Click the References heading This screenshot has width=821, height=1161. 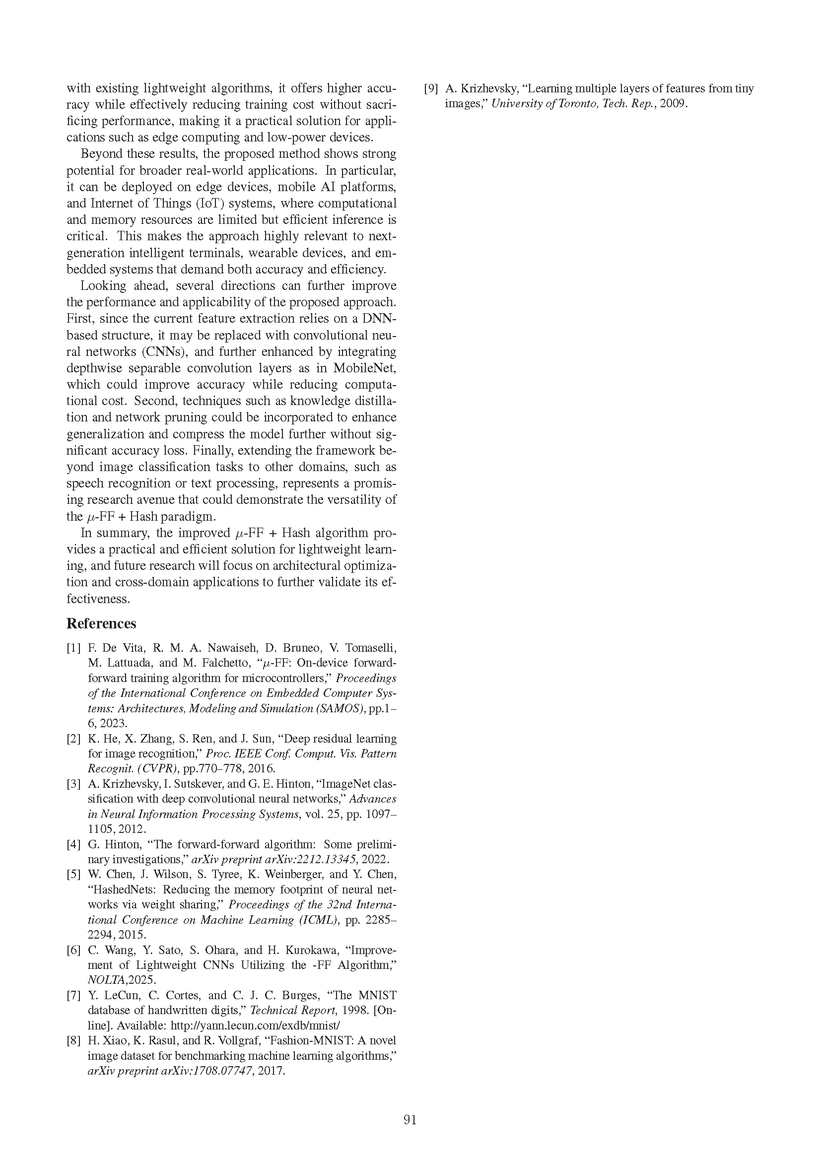pos(101,623)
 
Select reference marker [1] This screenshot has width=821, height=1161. pos(74,648)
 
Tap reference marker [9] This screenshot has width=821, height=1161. pos(431,89)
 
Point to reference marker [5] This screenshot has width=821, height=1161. pos(74,874)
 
